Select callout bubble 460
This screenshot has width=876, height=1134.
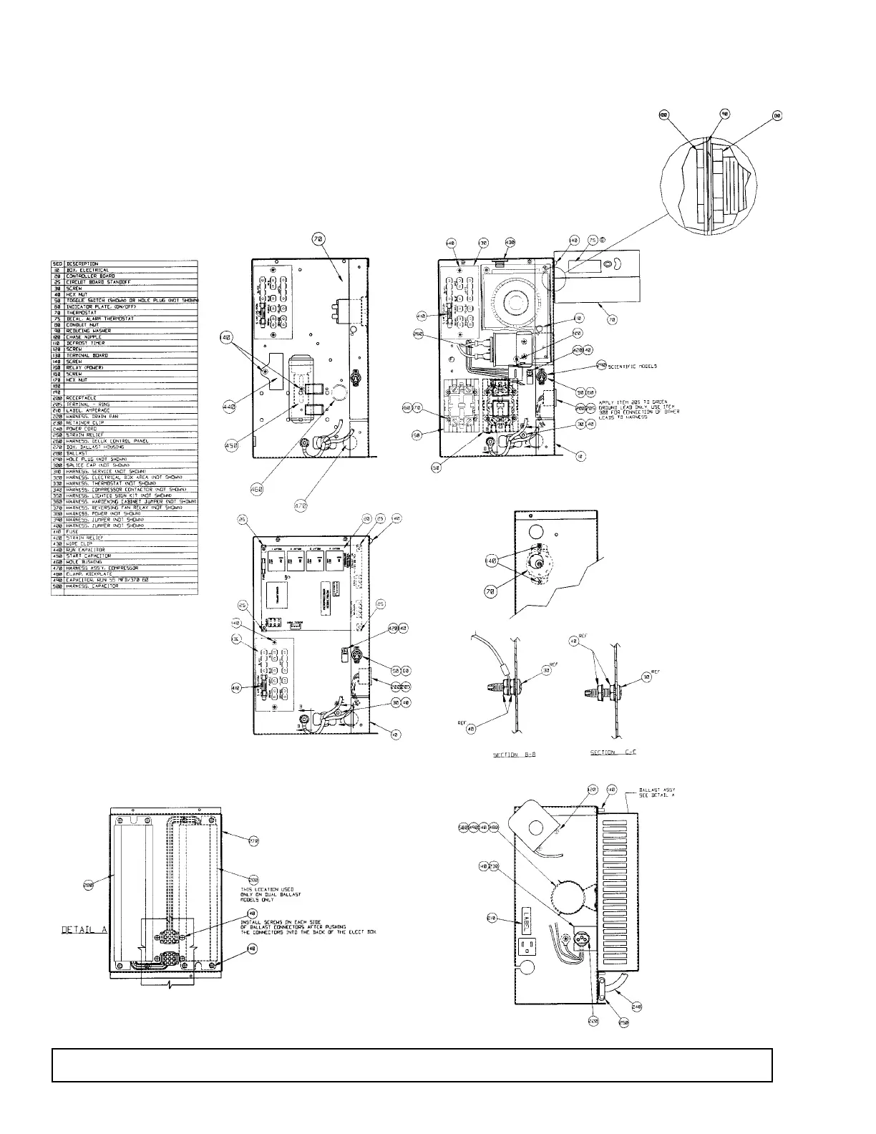point(257,490)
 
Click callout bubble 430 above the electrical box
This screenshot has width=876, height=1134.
point(510,243)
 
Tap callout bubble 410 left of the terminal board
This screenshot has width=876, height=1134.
point(421,314)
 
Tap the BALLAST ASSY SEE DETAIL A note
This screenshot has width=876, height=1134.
point(657,792)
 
